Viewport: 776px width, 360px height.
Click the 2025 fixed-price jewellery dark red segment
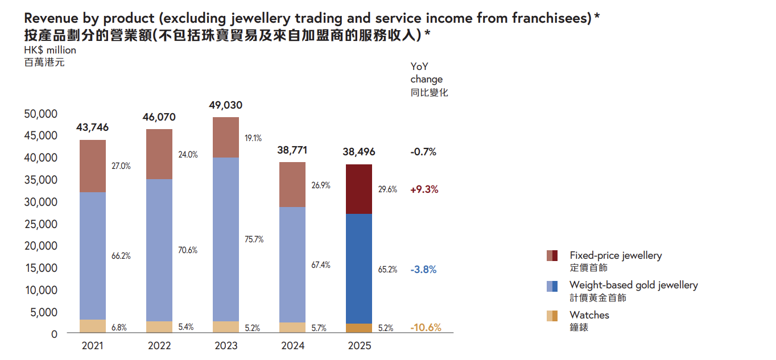pos(359,189)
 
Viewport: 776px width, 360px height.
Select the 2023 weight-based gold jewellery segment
pos(225,239)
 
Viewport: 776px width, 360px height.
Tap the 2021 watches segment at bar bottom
pos(92,326)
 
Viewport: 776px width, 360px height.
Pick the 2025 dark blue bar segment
pos(359,268)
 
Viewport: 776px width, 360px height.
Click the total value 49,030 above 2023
pos(226,105)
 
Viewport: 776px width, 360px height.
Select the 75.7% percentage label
pos(254,239)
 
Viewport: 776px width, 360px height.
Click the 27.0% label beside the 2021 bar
pos(121,166)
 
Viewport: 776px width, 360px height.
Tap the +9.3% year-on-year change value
pos(424,189)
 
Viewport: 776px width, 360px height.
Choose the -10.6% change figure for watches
pos(426,328)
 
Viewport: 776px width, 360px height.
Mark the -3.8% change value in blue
pos(423,270)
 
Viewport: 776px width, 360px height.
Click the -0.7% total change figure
pos(423,152)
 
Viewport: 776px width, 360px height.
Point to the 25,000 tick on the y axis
pos(41,224)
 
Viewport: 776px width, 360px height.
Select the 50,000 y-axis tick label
pos(41,114)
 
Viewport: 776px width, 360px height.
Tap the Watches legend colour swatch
pos(552,316)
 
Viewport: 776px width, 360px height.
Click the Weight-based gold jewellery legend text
pos(633,285)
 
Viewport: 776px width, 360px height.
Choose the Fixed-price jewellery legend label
pos(616,255)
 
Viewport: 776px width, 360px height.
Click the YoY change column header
pos(427,79)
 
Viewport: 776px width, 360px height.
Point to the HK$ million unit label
pos(50,50)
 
